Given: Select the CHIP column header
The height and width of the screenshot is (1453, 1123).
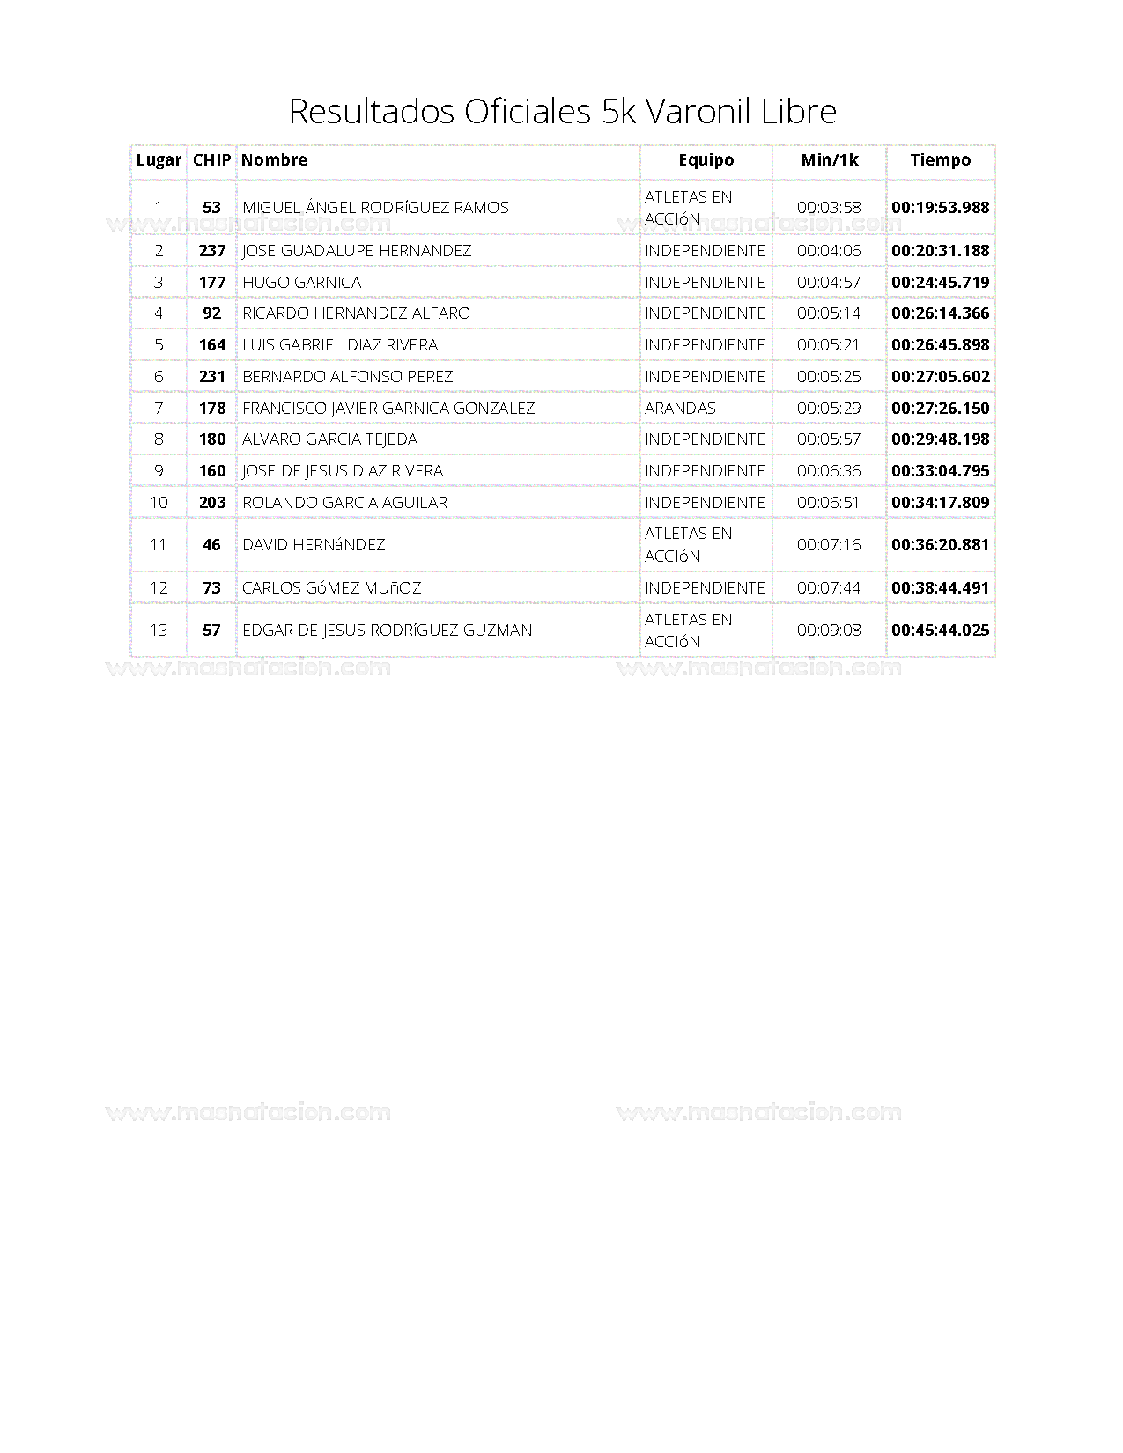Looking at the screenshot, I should (x=211, y=160).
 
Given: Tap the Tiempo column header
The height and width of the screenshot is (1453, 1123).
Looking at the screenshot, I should (x=940, y=160).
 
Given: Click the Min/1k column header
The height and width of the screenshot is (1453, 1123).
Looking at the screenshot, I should (x=829, y=160).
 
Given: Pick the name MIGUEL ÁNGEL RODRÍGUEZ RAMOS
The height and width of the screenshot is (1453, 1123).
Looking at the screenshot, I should (x=375, y=208).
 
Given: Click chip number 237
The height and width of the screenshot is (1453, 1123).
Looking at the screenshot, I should (x=211, y=251).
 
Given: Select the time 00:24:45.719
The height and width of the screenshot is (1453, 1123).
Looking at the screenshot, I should (x=940, y=283).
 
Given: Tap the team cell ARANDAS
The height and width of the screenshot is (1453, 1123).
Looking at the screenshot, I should (x=680, y=409).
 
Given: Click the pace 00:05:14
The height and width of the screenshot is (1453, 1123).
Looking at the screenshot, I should (x=829, y=313).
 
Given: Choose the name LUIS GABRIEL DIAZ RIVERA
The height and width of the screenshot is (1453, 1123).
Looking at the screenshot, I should (x=340, y=345).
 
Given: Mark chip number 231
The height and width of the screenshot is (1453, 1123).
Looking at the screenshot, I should (x=211, y=377).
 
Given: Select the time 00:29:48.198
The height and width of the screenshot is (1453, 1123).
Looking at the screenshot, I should (x=940, y=439).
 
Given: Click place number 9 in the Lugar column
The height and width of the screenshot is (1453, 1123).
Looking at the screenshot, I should (x=159, y=471).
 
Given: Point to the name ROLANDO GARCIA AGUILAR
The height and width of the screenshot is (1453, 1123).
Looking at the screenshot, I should (x=344, y=503).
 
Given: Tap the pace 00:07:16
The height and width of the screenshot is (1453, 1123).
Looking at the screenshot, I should (x=829, y=545).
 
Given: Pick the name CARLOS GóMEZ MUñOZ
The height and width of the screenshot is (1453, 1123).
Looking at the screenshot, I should (x=331, y=588).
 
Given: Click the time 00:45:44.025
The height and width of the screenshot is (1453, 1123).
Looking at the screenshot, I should (x=940, y=631).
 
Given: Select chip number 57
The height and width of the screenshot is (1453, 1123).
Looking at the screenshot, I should (x=211, y=631).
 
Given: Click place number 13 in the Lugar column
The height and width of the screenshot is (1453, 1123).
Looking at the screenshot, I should (x=159, y=631).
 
